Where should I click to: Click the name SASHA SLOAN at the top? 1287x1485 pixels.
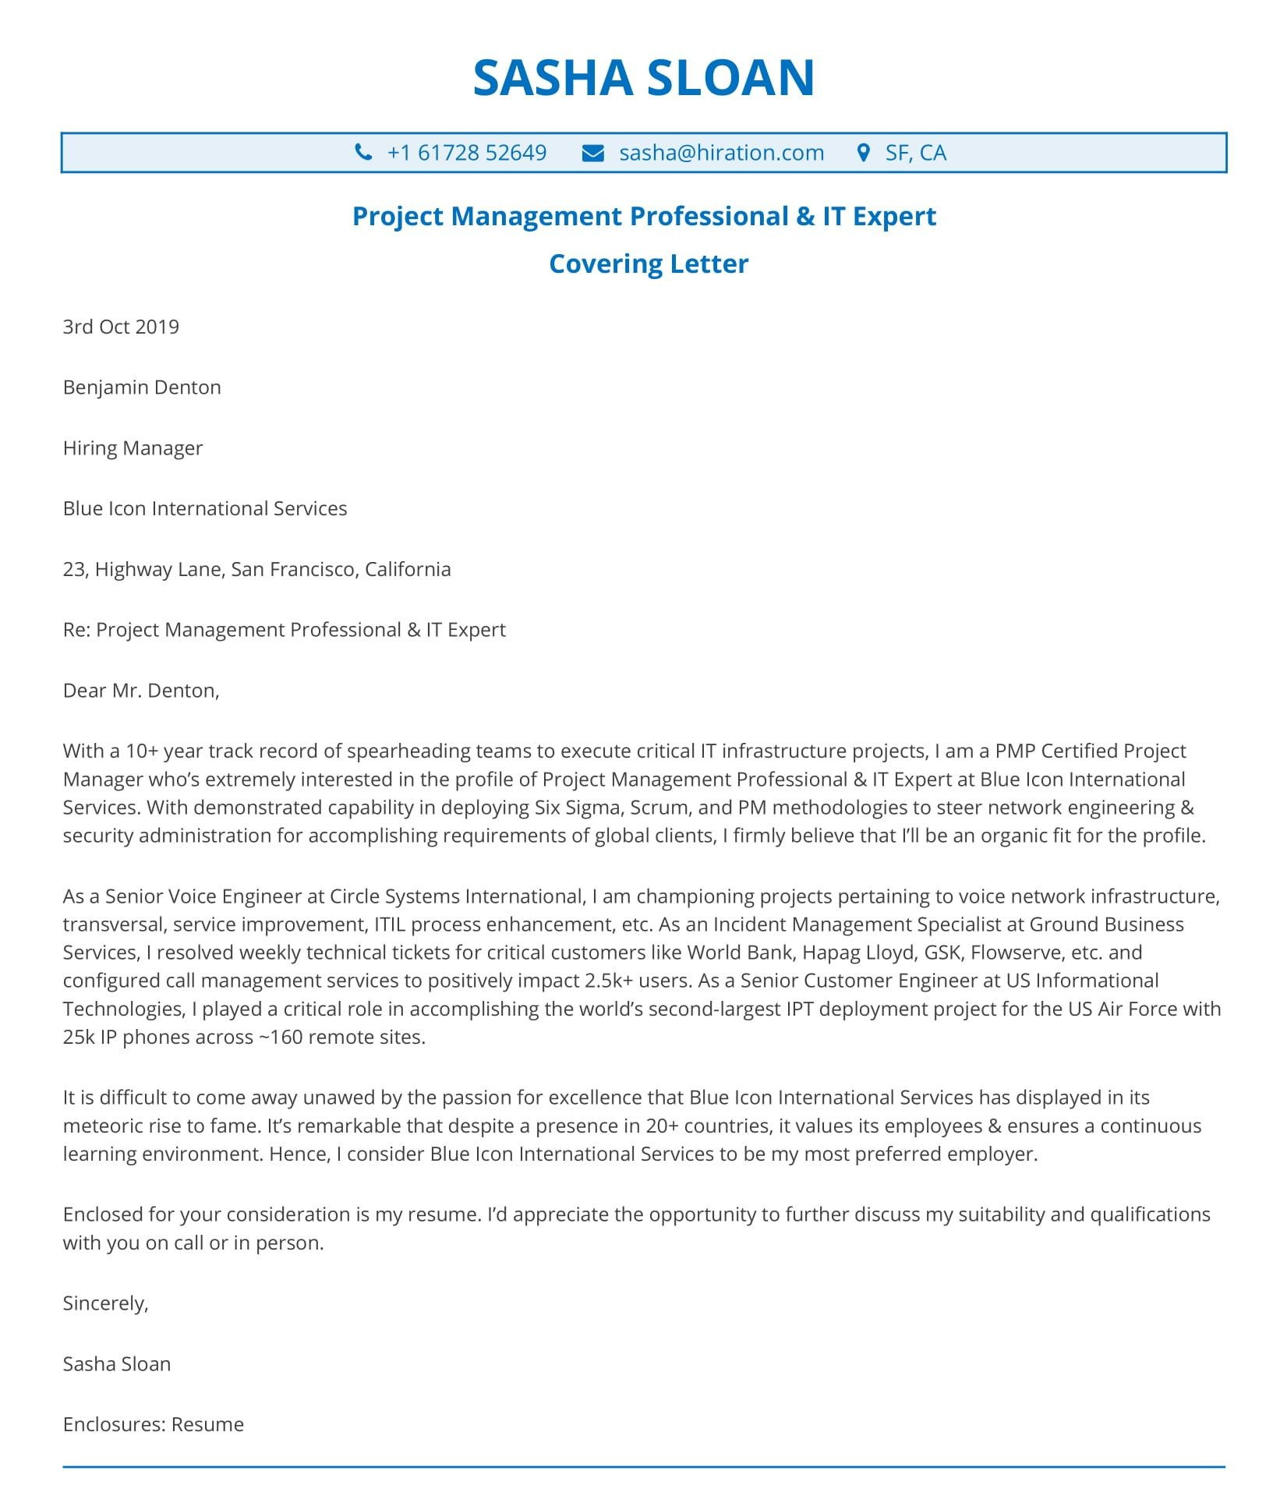tap(643, 77)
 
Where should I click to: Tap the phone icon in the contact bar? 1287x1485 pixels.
tap(363, 152)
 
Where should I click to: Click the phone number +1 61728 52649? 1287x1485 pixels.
tap(466, 152)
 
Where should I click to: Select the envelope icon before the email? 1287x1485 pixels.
tap(593, 153)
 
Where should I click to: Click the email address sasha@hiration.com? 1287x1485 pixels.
tap(721, 152)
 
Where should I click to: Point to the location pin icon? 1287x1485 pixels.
tap(863, 152)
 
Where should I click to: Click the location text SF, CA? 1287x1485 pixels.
tap(915, 152)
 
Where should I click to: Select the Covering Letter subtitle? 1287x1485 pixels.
tap(648, 263)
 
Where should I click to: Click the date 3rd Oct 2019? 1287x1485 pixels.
tap(121, 326)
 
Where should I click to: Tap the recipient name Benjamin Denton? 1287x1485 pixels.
tap(142, 387)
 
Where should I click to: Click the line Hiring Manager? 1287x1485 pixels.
tap(133, 447)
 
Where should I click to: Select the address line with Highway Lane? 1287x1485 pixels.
tap(256, 569)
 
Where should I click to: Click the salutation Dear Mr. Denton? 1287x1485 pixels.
tap(141, 690)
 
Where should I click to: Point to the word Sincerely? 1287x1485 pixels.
tap(105, 1303)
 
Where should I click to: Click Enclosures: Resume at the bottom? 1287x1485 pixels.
tap(153, 1424)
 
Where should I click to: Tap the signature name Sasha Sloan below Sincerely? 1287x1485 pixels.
tap(117, 1363)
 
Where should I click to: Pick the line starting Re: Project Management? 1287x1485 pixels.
tap(284, 629)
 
